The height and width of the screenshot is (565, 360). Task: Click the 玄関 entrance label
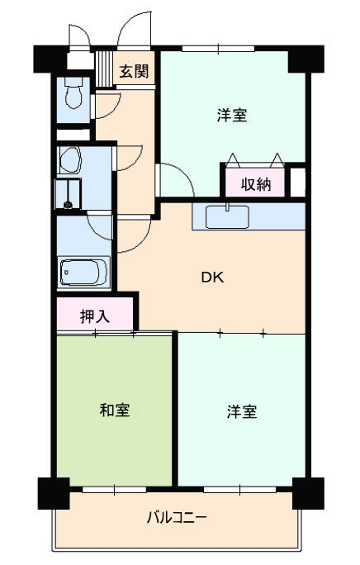[x=134, y=71]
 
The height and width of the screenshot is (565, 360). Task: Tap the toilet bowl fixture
[x=74, y=93]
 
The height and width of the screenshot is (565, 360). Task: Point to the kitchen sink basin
[x=227, y=217]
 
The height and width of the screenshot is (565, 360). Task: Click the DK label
[x=212, y=277]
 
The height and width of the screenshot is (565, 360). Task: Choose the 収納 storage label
[x=255, y=184]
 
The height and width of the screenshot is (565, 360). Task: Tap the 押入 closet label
[x=95, y=316]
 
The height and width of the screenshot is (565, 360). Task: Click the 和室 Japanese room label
[x=115, y=410]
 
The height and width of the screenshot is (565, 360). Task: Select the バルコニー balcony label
[x=177, y=518]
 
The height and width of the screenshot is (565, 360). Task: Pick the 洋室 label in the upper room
[x=233, y=116]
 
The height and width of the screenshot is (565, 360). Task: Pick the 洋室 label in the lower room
[x=242, y=412]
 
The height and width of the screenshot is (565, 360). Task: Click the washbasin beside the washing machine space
[x=70, y=159]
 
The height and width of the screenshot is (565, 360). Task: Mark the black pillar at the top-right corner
[x=306, y=59]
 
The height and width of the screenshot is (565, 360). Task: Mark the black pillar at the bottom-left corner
[x=54, y=493]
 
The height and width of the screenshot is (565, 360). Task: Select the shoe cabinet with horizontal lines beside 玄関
[x=104, y=69]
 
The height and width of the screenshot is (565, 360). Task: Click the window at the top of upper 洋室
[x=218, y=48]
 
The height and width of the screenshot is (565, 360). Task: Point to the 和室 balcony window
[x=114, y=489]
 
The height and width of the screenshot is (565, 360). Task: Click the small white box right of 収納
[x=297, y=182]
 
